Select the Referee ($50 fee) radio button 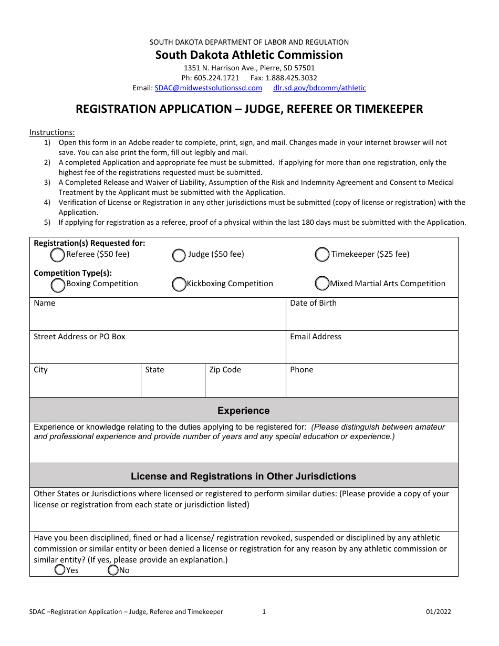[x=57, y=255]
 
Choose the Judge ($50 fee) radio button [x=179, y=255]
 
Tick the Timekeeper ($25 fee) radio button [x=322, y=255]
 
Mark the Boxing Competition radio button [x=58, y=284]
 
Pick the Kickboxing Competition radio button [x=179, y=284]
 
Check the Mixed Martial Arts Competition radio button [x=322, y=284]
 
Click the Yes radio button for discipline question [x=60, y=570]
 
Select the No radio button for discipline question [x=113, y=570]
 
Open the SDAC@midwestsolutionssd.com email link [x=208, y=88]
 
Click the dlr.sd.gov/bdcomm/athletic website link [x=319, y=88]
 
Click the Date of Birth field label [x=313, y=303]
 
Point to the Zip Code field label [x=225, y=370]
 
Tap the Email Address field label [x=315, y=337]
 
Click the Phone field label [x=302, y=370]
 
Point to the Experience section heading [x=243, y=411]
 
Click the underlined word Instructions [x=52, y=132]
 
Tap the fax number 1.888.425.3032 [x=294, y=78]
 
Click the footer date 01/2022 [x=438, y=611]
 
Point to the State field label [x=154, y=370]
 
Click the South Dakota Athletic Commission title [x=249, y=55]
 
